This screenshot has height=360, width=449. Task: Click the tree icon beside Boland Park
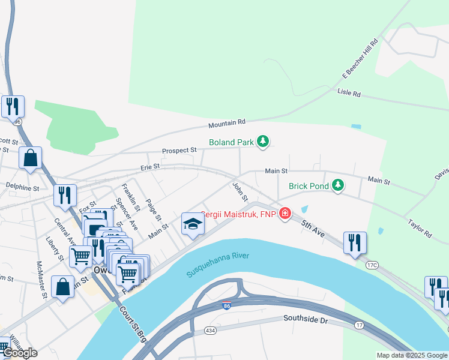click(262, 142)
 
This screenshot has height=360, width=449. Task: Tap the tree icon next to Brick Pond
click(338, 185)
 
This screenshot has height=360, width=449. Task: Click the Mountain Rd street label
click(227, 124)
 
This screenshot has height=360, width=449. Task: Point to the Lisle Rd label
click(349, 94)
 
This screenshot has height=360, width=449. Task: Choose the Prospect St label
click(179, 150)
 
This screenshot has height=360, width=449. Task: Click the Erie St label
click(150, 166)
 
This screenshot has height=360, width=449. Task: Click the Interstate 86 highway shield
click(226, 305)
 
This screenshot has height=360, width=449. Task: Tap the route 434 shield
click(211, 331)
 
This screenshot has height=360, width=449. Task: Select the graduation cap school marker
click(193, 224)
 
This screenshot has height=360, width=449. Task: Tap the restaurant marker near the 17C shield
click(355, 242)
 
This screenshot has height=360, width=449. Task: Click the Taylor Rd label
click(420, 228)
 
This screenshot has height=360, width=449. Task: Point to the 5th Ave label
click(313, 228)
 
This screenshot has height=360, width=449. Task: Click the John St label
click(240, 192)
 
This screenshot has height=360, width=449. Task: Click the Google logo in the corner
click(19, 352)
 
